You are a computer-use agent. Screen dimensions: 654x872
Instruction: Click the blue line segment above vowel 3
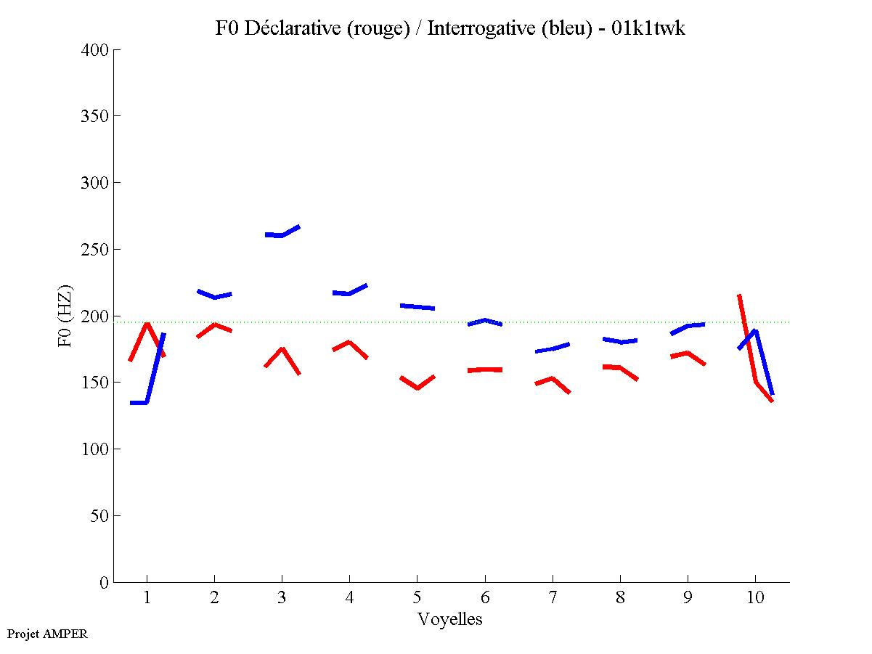[282, 234]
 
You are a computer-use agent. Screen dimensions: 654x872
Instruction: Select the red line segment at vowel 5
[417, 387]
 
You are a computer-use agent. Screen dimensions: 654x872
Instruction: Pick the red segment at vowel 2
[214, 324]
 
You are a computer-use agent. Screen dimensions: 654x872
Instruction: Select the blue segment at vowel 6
[485, 320]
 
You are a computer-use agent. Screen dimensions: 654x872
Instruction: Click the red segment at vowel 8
[619, 368]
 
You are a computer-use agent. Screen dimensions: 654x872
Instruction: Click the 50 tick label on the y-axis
[100, 516]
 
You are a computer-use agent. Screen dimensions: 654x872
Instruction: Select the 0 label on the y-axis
[105, 583]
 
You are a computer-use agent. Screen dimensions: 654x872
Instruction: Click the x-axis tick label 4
[349, 598]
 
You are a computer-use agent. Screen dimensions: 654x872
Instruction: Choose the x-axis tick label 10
[755, 598]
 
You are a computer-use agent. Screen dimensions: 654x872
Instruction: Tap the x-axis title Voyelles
[450, 619]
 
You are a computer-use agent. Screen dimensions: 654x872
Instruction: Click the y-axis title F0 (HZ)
[65, 316]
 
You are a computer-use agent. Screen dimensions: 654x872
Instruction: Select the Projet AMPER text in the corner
[47, 634]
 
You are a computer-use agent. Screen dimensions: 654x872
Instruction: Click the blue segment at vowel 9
[687, 327]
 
